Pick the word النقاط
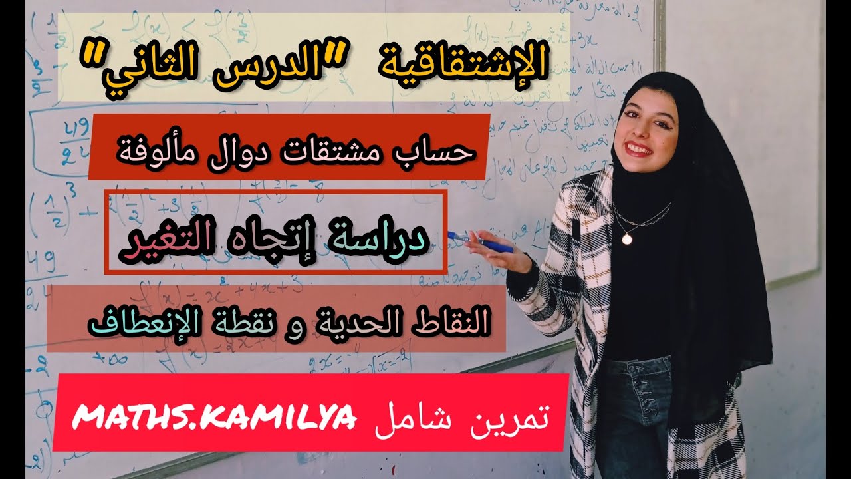click(451, 322)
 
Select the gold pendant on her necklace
click(627, 238)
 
